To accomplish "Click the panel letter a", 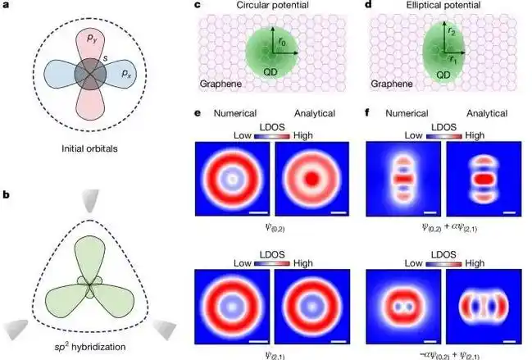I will tap(6, 7).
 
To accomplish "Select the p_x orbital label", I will tap(125, 73).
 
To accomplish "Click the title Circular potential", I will tap(263, 7).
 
